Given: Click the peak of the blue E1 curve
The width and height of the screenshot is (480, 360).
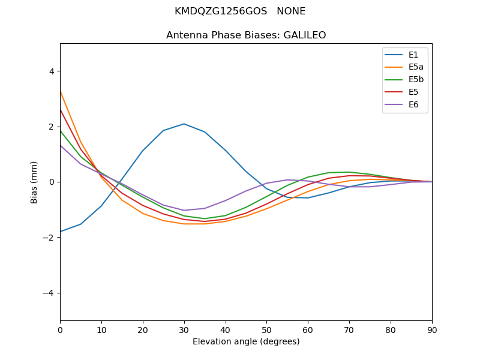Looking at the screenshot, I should (184, 124).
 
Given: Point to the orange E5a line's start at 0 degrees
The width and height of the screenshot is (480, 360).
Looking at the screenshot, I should (61, 91).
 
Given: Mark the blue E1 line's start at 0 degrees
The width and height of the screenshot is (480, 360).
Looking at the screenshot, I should (61, 232).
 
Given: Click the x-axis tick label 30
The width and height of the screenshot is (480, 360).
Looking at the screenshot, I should (184, 329).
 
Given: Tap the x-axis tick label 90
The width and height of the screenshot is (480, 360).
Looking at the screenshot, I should (432, 329).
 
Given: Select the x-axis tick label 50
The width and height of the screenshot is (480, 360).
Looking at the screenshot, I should (266, 329).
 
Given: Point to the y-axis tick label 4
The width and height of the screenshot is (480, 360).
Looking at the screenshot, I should (51, 71).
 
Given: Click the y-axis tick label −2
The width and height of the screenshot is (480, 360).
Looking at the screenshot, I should (49, 238).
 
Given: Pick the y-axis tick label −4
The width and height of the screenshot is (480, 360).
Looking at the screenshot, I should (49, 293).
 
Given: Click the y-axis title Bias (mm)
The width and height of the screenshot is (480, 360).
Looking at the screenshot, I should (35, 182).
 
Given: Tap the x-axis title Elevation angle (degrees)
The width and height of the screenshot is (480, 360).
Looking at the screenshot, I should (246, 342).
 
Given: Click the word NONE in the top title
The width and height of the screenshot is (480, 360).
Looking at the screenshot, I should (291, 11).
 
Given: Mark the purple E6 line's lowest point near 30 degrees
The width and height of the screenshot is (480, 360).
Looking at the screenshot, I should (184, 210).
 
